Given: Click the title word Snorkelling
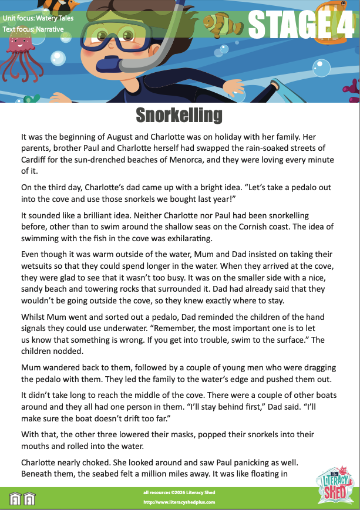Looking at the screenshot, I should click(179, 115).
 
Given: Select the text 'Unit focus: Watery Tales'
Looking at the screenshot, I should click(31, 18).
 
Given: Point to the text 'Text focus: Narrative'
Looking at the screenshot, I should click(26, 28).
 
